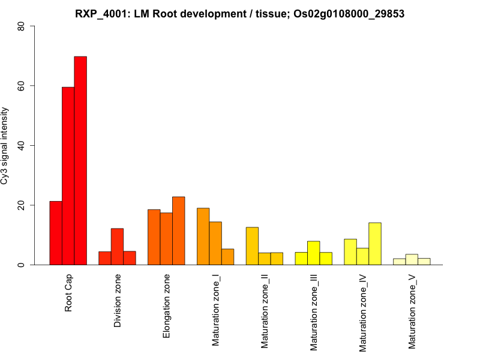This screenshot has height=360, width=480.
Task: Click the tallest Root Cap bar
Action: (x=80, y=161)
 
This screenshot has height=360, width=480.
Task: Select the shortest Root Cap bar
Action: (x=56, y=233)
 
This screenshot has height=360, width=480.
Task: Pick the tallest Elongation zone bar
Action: (x=178, y=231)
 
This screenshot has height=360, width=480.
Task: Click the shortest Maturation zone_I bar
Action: (x=227, y=257)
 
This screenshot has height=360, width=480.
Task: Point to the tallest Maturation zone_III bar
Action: (x=313, y=253)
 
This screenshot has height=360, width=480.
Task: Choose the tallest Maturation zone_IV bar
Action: (x=375, y=244)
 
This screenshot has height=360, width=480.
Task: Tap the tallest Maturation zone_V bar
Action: (x=412, y=259)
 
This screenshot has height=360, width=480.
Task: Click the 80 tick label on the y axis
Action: (x=22, y=26)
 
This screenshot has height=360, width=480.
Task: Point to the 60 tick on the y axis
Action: (x=22, y=86)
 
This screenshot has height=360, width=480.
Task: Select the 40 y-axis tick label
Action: (x=22, y=146)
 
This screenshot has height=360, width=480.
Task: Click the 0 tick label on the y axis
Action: (x=22, y=265)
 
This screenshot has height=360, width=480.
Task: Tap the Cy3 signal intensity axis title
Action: (x=5, y=146)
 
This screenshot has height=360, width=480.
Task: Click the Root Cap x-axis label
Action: (x=69, y=294)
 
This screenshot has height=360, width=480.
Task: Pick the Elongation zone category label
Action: (x=167, y=306)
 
